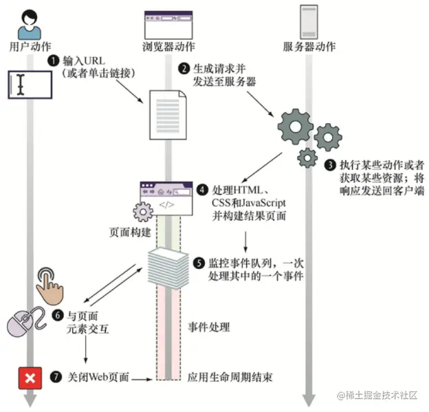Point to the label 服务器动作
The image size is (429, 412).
coord(309,47)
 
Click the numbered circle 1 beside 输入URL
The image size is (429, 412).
coord(53,61)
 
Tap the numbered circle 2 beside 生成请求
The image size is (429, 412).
coord(184,69)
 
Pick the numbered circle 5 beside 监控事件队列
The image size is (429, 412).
coord(199,262)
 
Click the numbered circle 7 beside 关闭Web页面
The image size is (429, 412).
coord(56,378)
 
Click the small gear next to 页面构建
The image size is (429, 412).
coord(143,210)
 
